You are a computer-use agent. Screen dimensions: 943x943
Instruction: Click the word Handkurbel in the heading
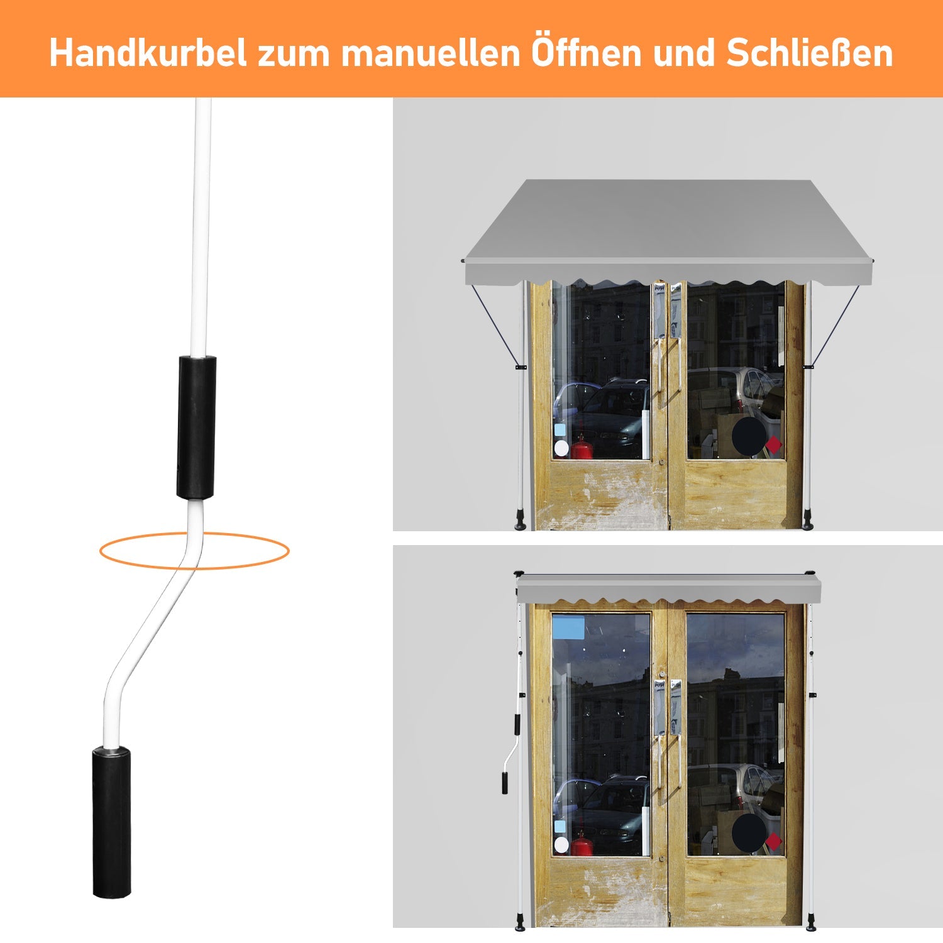pos(148,53)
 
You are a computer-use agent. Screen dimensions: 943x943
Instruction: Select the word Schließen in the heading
pos(810,53)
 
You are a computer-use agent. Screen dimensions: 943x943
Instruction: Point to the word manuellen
pos(431,53)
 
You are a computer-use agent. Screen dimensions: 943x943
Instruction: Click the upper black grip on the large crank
pos(196,427)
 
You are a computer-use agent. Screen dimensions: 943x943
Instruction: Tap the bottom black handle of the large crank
pos(112,822)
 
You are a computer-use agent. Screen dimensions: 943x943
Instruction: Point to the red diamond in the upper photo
pos(774,444)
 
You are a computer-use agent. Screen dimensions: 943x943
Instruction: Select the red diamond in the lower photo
pos(774,841)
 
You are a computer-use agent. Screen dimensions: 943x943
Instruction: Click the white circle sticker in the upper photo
pos(561,448)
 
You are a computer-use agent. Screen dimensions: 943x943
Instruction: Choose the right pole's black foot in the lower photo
pos(810,922)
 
